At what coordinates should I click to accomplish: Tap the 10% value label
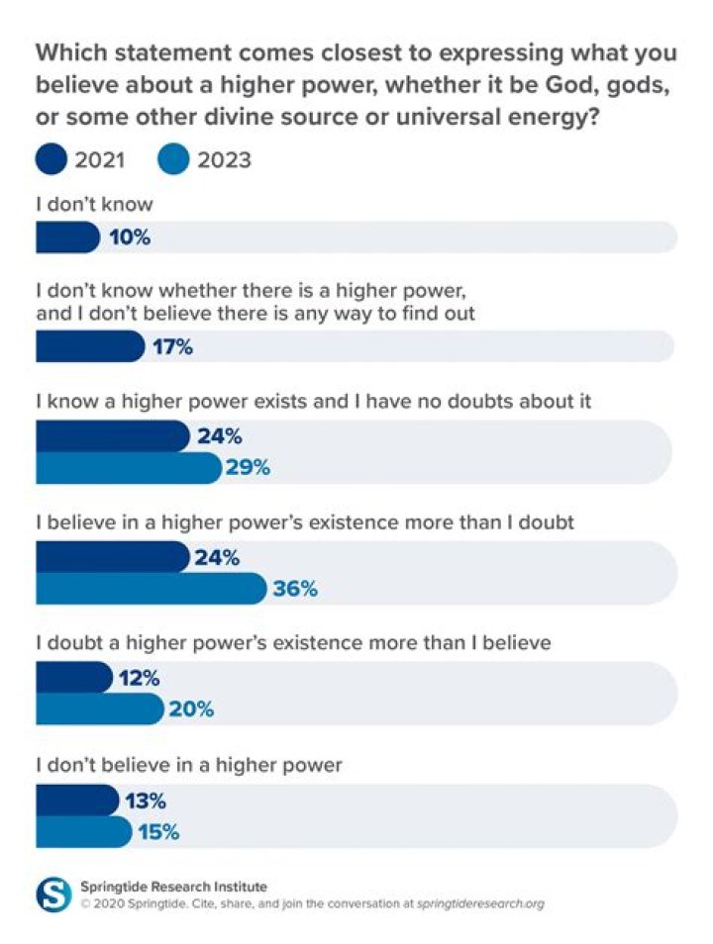pyautogui.click(x=130, y=237)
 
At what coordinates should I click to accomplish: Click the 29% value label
pyautogui.click(x=249, y=467)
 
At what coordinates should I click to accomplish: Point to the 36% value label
pyautogui.click(x=295, y=589)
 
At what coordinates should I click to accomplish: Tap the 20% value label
pyautogui.click(x=191, y=708)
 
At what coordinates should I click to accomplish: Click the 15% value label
pyautogui.click(x=158, y=831)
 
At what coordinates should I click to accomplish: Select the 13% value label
pyautogui.click(x=145, y=801)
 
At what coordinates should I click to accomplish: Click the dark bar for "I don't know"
pyautogui.click(x=67, y=237)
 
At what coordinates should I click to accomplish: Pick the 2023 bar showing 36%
pyautogui.click(x=151, y=589)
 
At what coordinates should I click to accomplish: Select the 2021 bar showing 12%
pyautogui.click(x=73, y=678)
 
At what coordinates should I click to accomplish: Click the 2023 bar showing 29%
pyautogui.click(x=128, y=467)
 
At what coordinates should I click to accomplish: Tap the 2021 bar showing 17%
pyautogui.click(x=89, y=346)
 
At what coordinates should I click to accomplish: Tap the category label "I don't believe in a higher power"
pyautogui.click(x=188, y=765)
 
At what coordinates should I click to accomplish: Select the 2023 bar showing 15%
pyautogui.click(x=83, y=831)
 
